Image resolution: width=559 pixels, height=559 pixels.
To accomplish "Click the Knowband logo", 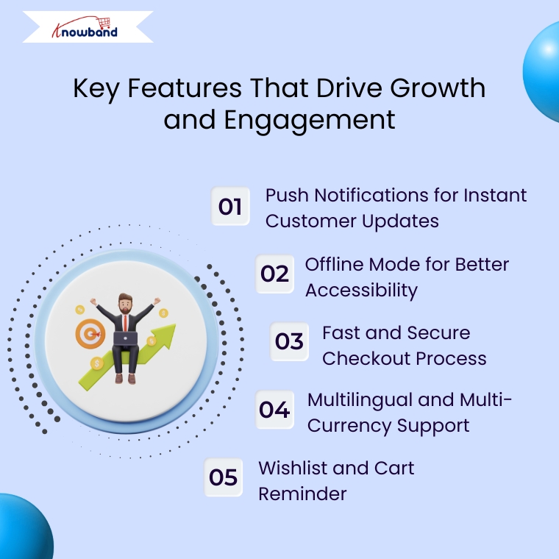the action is [x=85, y=27].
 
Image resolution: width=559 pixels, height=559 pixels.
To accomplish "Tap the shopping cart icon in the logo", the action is [x=104, y=23].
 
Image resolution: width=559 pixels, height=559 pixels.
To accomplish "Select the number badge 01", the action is [x=230, y=206].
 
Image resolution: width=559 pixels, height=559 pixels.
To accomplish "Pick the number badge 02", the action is [x=274, y=274].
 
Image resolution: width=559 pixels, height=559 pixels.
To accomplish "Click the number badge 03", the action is [x=289, y=341].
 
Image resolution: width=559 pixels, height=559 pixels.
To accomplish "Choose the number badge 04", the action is [x=274, y=409].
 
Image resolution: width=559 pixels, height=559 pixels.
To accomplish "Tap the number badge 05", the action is [x=223, y=477].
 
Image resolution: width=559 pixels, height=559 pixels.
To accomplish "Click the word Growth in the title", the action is [x=438, y=88].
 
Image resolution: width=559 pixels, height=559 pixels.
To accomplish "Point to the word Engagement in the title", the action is [x=310, y=121].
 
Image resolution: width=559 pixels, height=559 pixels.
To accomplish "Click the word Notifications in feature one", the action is [x=371, y=196].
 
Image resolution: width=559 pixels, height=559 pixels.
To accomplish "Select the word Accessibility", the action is [x=361, y=290].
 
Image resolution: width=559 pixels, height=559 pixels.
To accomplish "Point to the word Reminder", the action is [x=302, y=494].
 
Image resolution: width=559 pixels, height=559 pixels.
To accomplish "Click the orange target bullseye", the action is [x=90, y=334].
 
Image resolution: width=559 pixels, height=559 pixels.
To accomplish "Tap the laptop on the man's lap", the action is [x=125, y=338].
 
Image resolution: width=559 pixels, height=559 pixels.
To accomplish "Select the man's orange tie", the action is [x=126, y=323].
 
